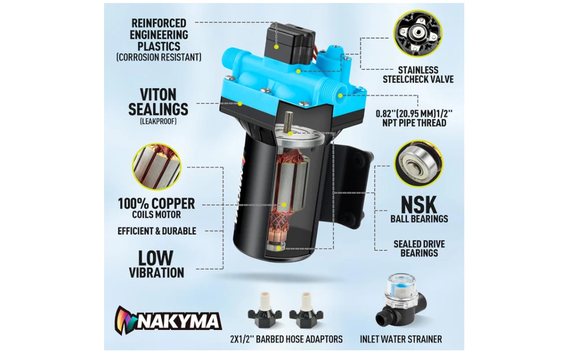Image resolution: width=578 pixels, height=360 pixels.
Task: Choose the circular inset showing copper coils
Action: [x=157, y=166]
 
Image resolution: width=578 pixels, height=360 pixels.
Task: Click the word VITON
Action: [x=158, y=95]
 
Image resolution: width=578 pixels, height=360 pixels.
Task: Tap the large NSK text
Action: [x=418, y=204]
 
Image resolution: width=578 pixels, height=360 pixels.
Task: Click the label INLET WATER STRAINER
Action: [x=401, y=339]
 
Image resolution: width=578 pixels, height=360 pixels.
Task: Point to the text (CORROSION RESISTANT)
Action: [x=159, y=57]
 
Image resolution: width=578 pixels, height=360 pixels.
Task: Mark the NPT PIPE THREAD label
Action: [x=414, y=123]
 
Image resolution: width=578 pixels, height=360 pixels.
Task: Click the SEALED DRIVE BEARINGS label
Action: [x=419, y=248]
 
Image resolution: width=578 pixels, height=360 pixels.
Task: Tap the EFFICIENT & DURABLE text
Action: [x=157, y=231]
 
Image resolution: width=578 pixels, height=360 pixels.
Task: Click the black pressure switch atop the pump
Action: [x=290, y=42]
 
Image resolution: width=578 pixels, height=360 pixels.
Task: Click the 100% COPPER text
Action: [x=156, y=203]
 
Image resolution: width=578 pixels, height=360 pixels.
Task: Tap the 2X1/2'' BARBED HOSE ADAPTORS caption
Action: [x=286, y=339]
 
